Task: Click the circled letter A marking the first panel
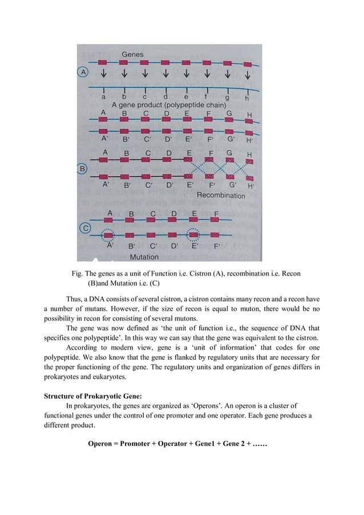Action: click(x=83, y=72)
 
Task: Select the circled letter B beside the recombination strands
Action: click(x=83, y=169)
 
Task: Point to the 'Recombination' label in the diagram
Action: click(x=221, y=196)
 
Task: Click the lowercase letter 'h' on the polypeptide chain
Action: click(x=246, y=98)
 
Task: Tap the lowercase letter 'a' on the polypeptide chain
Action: click(x=103, y=98)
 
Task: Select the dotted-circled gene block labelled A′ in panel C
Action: click(x=107, y=234)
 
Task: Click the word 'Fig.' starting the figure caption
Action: click(x=77, y=274)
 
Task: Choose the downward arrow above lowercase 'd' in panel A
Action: click(x=165, y=74)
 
